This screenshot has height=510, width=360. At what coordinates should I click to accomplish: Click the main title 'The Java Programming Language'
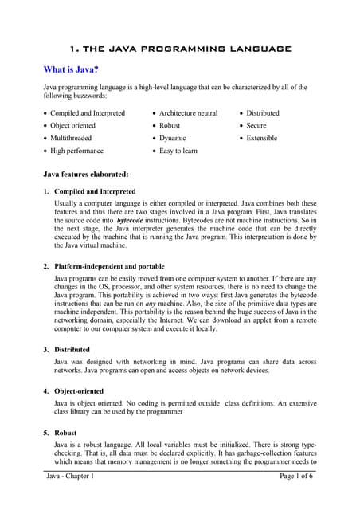pyautogui.click(x=180, y=49)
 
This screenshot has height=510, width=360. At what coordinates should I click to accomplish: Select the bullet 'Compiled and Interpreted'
pyautogui.click(x=87, y=113)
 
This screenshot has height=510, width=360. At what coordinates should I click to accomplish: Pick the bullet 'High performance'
pyautogui.click(x=76, y=151)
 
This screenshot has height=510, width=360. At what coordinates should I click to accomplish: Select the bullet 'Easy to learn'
pyautogui.click(x=178, y=151)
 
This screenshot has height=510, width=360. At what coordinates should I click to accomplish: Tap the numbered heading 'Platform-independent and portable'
pyautogui.click(x=109, y=266)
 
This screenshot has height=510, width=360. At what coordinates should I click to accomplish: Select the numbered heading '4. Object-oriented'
pyautogui.click(x=82, y=391)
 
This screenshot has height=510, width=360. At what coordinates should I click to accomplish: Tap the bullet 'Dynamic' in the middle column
pyautogui.click(x=173, y=138)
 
